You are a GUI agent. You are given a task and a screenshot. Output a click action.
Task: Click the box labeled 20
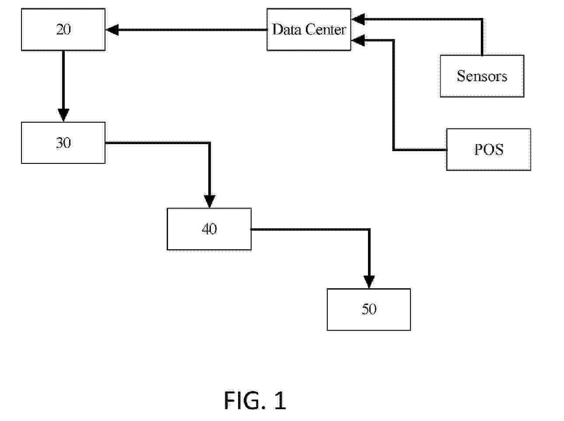pyautogui.click(x=63, y=29)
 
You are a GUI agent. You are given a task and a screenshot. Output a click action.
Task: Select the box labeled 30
pyautogui.click(x=63, y=143)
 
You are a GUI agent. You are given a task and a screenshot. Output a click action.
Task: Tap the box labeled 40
pyautogui.click(x=209, y=229)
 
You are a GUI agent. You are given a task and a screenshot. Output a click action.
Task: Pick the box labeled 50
pyautogui.click(x=368, y=309)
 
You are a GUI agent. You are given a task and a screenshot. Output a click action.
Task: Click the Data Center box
pyautogui.click(x=308, y=29)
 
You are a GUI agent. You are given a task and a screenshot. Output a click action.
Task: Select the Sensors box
pyautogui.click(x=482, y=76)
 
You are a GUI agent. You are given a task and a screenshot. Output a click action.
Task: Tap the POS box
pyautogui.click(x=488, y=149)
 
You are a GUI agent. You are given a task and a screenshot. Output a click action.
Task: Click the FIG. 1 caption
pyautogui.click(x=255, y=400)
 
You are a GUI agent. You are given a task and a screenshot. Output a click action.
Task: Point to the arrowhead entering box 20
pyautogui.click(x=112, y=30)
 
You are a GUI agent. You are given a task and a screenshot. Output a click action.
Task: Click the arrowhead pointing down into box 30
pyautogui.click(x=63, y=115)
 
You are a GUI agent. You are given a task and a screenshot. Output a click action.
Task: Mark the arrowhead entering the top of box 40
pyautogui.click(x=210, y=202)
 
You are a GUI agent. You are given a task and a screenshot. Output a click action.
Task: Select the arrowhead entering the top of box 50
pyautogui.click(x=369, y=282)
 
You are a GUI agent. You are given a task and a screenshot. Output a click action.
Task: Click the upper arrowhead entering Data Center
pyautogui.click(x=357, y=19)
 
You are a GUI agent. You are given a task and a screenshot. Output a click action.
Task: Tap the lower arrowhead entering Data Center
pyautogui.click(x=357, y=40)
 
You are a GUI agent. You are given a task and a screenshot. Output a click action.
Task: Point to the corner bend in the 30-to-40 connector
pyautogui.click(x=210, y=143)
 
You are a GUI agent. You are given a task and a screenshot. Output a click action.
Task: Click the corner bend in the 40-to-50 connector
pyautogui.click(x=369, y=229)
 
